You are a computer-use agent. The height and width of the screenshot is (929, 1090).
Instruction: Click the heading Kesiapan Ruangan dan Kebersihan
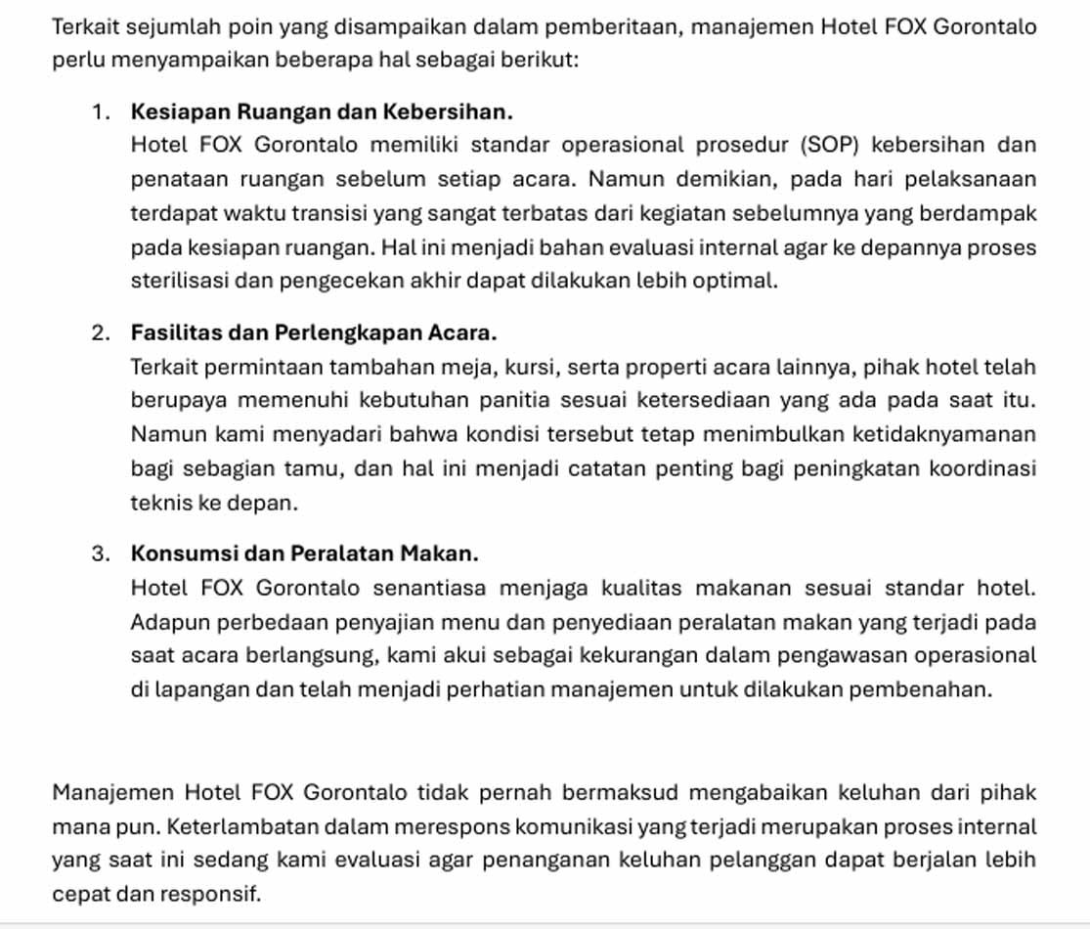coord(322,111)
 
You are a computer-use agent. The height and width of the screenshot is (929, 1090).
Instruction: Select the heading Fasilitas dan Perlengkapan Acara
coord(314,332)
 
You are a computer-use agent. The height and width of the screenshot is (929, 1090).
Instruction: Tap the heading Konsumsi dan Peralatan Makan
coord(304,553)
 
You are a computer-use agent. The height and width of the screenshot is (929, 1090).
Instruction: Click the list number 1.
coord(100,111)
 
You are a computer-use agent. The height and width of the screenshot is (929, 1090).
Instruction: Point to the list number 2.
coord(100,332)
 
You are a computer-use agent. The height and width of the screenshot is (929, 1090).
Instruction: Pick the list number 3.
coord(100,553)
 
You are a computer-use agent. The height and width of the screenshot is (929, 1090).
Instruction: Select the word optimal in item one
coord(746,281)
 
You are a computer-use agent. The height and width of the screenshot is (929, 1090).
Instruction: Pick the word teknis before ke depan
coord(157,503)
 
